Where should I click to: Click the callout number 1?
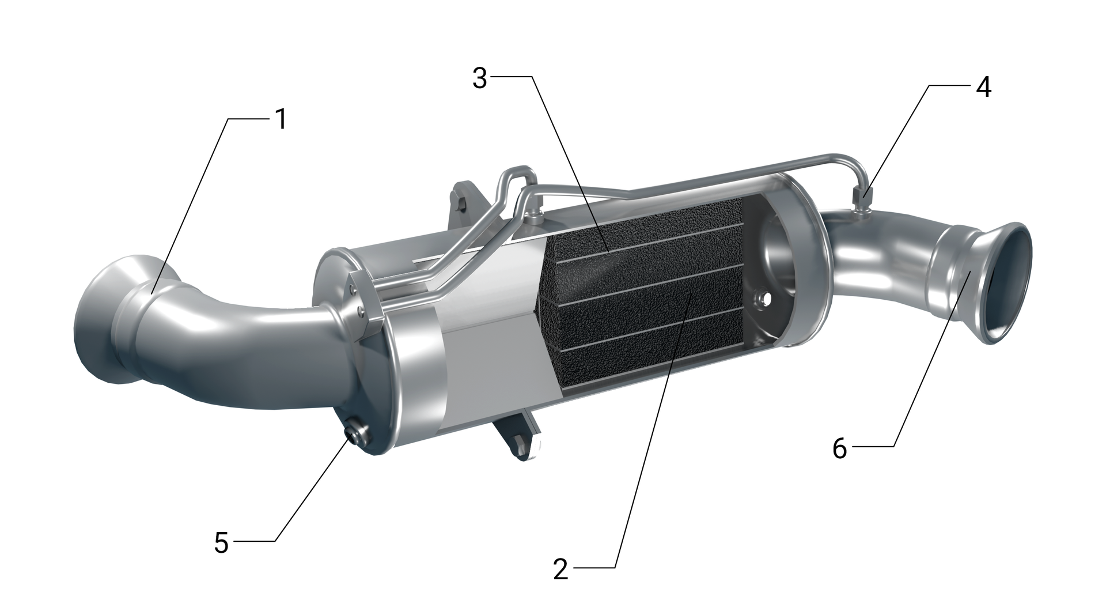(x=281, y=120)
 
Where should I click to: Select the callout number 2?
(x=560, y=569)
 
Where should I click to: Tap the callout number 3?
(x=479, y=79)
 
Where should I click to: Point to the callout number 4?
(x=983, y=88)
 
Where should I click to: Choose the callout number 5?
(x=222, y=542)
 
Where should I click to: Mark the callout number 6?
(x=840, y=448)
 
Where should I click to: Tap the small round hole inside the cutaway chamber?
(x=765, y=299)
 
